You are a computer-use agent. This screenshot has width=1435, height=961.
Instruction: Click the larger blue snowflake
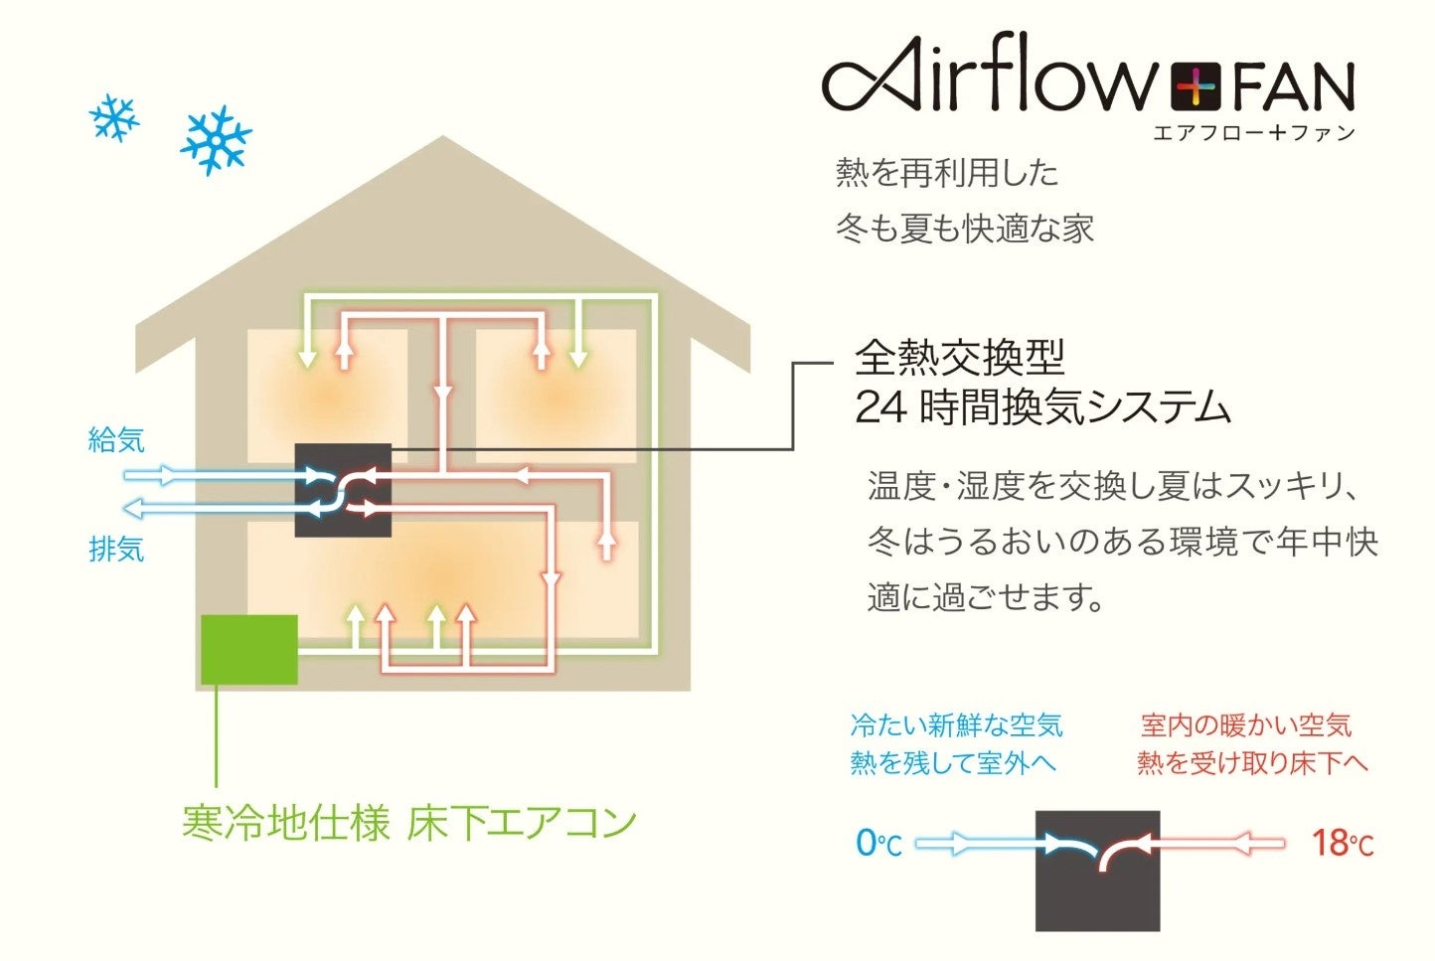click(216, 140)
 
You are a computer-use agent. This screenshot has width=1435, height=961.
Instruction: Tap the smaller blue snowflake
click(113, 118)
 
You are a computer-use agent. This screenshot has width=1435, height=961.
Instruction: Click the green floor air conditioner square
click(249, 649)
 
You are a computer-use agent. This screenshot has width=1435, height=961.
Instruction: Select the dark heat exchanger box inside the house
click(343, 491)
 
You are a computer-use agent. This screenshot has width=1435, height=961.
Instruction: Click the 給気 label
click(116, 439)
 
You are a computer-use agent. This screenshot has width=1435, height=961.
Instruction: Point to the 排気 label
click(116, 549)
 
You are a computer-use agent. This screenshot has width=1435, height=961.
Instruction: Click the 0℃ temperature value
click(878, 844)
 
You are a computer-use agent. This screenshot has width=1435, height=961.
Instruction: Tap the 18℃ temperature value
click(1343, 844)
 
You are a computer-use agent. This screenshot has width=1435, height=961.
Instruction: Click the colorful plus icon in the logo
click(1196, 87)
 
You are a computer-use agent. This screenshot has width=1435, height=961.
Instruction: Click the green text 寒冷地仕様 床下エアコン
click(408, 823)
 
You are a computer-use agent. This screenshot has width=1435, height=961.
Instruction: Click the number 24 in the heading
click(880, 407)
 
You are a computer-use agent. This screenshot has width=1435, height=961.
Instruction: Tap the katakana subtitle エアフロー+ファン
click(1254, 133)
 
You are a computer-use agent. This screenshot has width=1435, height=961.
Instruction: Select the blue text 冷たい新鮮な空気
click(956, 725)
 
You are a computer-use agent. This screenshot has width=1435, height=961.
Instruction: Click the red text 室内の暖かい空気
click(1246, 725)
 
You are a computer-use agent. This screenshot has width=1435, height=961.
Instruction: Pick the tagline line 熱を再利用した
click(947, 173)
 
